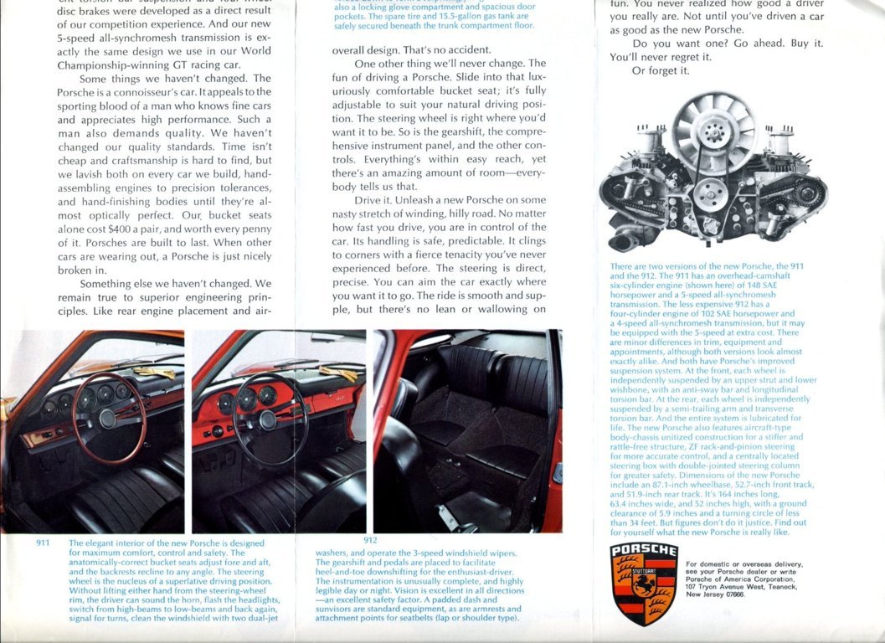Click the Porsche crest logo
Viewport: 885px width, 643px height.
point(644,584)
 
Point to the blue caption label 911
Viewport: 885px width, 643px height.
point(44,543)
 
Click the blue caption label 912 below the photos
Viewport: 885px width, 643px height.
point(370,540)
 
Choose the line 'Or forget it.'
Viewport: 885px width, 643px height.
point(661,71)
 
